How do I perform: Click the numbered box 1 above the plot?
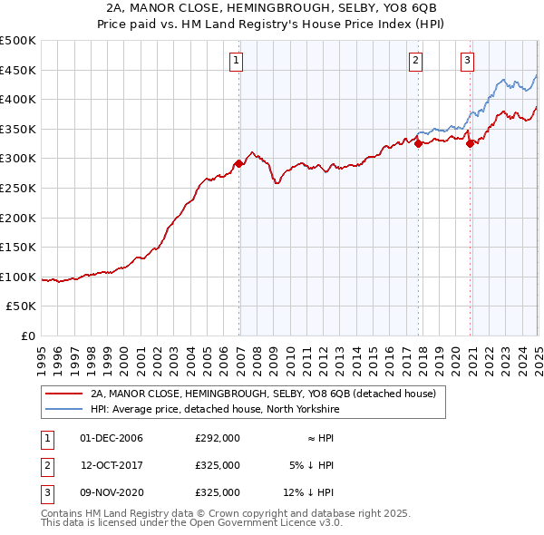(x=236, y=61)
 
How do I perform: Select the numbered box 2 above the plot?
(x=415, y=61)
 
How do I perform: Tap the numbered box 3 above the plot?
(x=467, y=61)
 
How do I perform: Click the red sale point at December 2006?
(x=239, y=164)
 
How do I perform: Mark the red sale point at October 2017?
(x=418, y=143)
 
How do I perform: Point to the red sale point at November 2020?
(x=470, y=143)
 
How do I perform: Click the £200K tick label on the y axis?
(x=18, y=218)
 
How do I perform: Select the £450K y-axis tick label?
(x=18, y=70)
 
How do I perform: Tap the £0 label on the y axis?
(x=29, y=336)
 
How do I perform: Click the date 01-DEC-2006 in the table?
(x=112, y=438)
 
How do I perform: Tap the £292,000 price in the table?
(x=218, y=438)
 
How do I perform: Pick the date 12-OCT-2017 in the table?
(x=112, y=465)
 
